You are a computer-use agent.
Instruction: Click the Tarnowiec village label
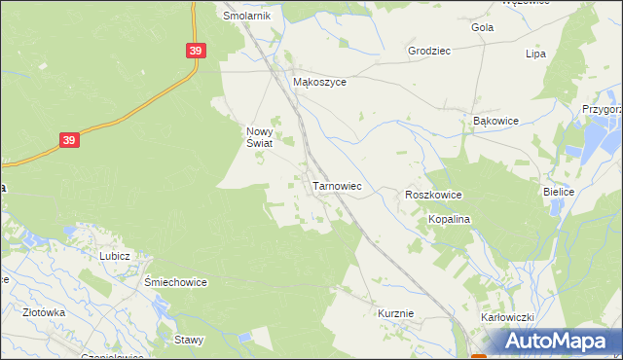(x=337, y=185)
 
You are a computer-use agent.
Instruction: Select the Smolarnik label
(x=246, y=16)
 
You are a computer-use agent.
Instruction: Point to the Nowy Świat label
(x=258, y=137)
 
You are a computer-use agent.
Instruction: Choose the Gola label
(x=482, y=27)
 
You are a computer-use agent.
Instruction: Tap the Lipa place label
(x=535, y=54)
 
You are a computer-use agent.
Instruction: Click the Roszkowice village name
(x=433, y=196)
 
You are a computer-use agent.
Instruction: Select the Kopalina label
(x=450, y=220)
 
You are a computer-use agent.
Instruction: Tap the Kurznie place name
(x=396, y=313)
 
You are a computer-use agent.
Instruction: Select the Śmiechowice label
(x=176, y=282)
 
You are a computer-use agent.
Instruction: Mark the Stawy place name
(x=189, y=340)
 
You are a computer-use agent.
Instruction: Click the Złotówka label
(x=44, y=313)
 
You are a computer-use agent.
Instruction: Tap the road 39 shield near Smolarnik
(x=196, y=51)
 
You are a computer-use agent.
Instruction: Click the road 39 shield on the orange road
(x=68, y=141)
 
